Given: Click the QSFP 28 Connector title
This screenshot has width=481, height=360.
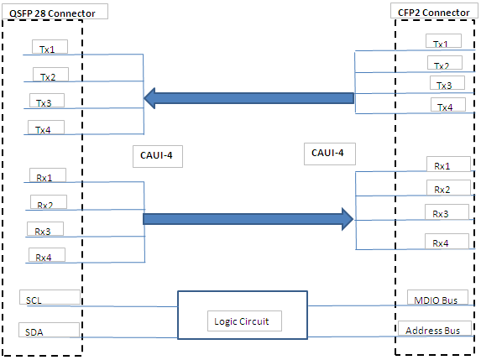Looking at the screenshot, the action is tap(52, 13).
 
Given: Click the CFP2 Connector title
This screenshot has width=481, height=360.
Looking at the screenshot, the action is tap(433, 13).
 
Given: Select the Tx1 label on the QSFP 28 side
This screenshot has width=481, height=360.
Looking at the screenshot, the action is tap(47, 50).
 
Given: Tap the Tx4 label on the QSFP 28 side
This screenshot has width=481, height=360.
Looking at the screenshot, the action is tap(43, 130).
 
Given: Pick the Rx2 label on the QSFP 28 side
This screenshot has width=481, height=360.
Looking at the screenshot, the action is tap(44, 205).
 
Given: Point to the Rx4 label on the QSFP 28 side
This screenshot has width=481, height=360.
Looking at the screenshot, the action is tap(44, 258).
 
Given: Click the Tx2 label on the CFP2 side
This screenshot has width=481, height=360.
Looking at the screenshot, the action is tap(441, 65).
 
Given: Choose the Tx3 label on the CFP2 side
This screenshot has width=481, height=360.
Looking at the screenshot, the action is tap(444, 86).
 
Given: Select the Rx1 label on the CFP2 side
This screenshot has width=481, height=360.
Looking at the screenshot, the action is tap(442, 166).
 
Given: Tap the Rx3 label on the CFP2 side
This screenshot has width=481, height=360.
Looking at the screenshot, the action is tap(441, 214).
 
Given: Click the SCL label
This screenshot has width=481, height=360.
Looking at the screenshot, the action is tap(34, 300).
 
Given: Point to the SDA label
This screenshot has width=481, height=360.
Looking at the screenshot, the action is tap(34, 332).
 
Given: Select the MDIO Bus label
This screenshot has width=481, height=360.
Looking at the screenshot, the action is tap(436, 300).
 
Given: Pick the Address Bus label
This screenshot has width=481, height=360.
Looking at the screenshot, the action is tap(433, 331).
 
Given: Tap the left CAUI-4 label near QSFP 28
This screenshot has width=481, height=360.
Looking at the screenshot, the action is tap(156, 155).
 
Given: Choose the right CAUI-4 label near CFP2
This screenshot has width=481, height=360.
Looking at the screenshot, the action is tap(327, 153).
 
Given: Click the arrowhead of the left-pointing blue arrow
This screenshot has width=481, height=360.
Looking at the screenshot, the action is tap(149, 98).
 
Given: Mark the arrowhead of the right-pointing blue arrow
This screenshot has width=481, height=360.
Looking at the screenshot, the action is tap(348, 219).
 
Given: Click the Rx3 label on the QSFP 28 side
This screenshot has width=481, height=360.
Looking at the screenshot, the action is tap(42, 232).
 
